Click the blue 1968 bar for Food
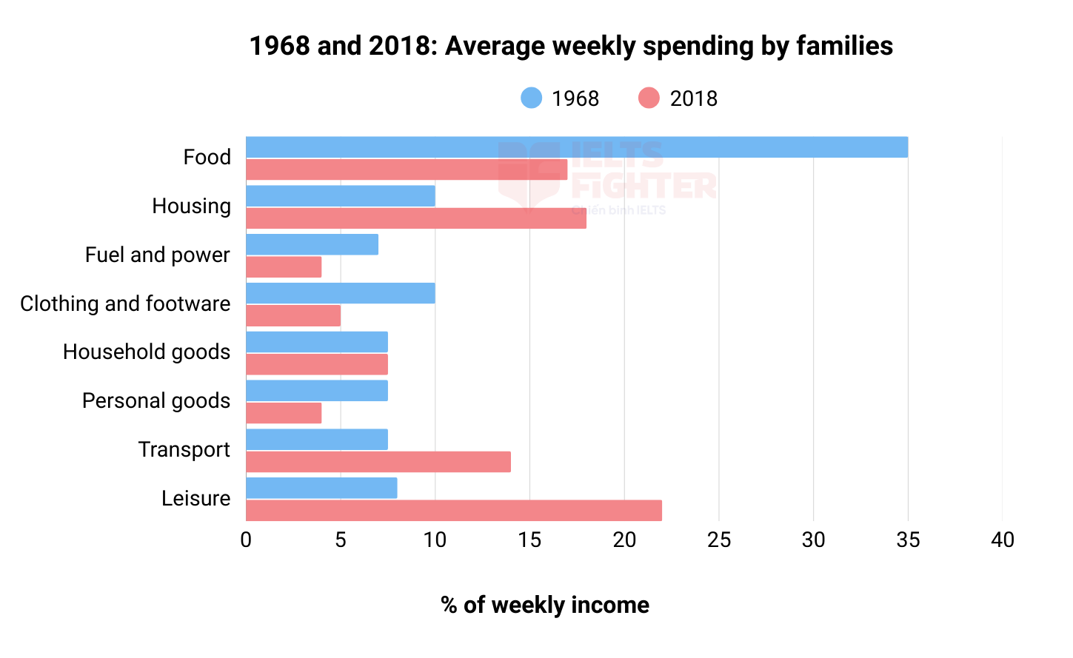point(576,147)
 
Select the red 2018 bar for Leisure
point(453,511)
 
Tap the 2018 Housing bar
point(415,218)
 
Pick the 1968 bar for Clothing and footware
point(340,293)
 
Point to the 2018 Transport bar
point(378,462)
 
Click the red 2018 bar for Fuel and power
point(284,267)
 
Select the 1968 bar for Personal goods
point(316,391)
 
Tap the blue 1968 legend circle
point(532,98)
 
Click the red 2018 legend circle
point(649,98)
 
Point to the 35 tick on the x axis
point(908,540)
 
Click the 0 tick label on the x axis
point(246,540)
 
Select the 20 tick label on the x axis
point(624,540)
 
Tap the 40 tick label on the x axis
point(1003,540)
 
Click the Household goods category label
point(147,352)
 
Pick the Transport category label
point(184,449)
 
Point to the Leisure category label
point(195,498)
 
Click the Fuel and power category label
point(157,255)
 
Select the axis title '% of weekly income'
point(545,605)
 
